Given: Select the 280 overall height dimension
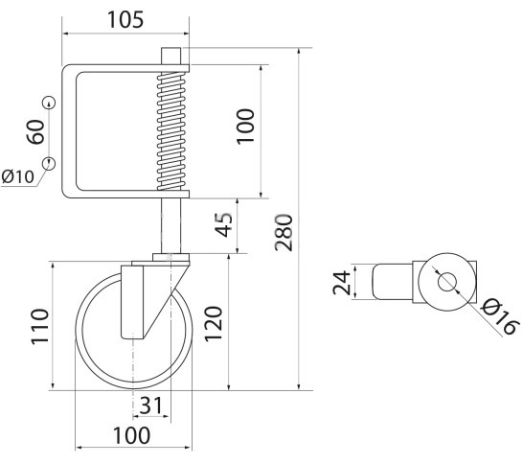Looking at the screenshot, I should point(284,231).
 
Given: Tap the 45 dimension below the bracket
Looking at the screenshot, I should point(222,224).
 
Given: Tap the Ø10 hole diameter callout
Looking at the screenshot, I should point(17,175).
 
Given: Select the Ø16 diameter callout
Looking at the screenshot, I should point(498,315).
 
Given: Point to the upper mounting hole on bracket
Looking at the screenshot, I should point(49,103).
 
